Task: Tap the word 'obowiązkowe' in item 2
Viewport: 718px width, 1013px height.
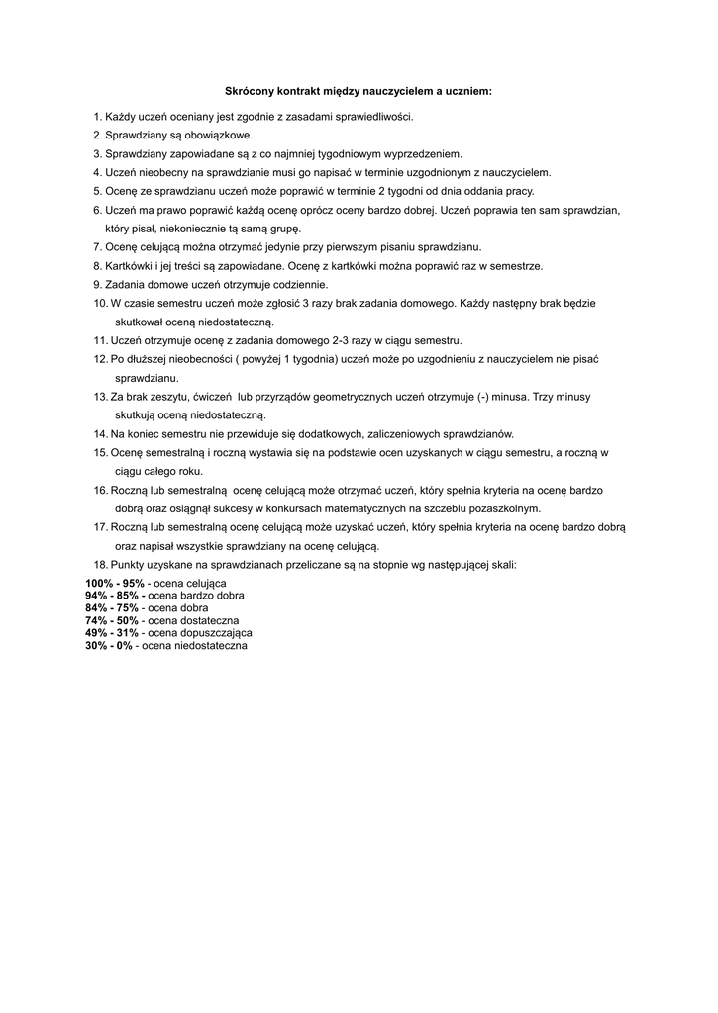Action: pyautogui.click(x=221, y=135)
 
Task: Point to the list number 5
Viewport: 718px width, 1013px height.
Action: pyautogui.click(x=97, y=191)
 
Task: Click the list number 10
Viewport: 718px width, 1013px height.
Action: pyautogui.click(x=99, y=303)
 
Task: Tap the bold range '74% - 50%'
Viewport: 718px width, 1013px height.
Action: pyautogui.click(x=111, y=620)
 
